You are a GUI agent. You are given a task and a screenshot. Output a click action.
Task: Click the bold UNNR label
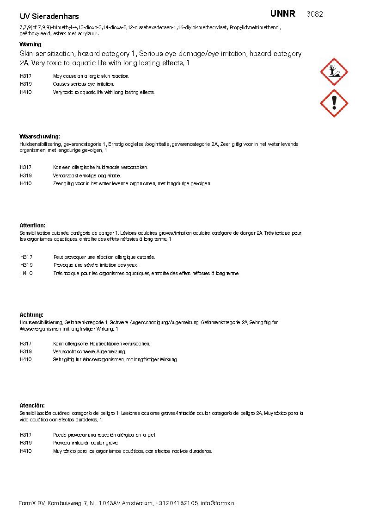point(283,14)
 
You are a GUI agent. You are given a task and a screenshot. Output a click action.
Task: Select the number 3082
point(315,14)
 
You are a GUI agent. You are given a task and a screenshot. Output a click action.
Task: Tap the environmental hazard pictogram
point(334,72)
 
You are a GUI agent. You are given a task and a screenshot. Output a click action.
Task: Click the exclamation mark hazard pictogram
point(334,103)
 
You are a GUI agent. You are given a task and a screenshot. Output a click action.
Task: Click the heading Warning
point(31,44)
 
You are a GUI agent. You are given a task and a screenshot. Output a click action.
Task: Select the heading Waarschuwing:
point(40,137)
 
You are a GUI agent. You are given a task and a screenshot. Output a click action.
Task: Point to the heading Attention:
point(32,226)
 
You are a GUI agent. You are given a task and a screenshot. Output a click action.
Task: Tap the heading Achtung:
point(31,315)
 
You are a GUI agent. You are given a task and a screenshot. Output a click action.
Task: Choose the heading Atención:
point(32,405)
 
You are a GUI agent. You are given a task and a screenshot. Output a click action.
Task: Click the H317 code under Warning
point(26,76)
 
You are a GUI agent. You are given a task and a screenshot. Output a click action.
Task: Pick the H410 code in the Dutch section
point(26,183)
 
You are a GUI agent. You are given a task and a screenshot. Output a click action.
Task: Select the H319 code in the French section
point(26,265)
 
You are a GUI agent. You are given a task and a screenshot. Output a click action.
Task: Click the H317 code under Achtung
point(26,344)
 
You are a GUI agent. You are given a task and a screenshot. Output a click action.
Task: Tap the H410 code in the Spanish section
point(26,451)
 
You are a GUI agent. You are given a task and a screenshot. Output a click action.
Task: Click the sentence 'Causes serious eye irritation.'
point(83,84)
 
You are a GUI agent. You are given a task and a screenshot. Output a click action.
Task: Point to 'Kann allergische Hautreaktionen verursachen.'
point(102,344)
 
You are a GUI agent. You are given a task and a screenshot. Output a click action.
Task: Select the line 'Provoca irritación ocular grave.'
point(86,443)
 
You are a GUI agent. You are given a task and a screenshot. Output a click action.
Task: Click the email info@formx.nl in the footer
point(218,503)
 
